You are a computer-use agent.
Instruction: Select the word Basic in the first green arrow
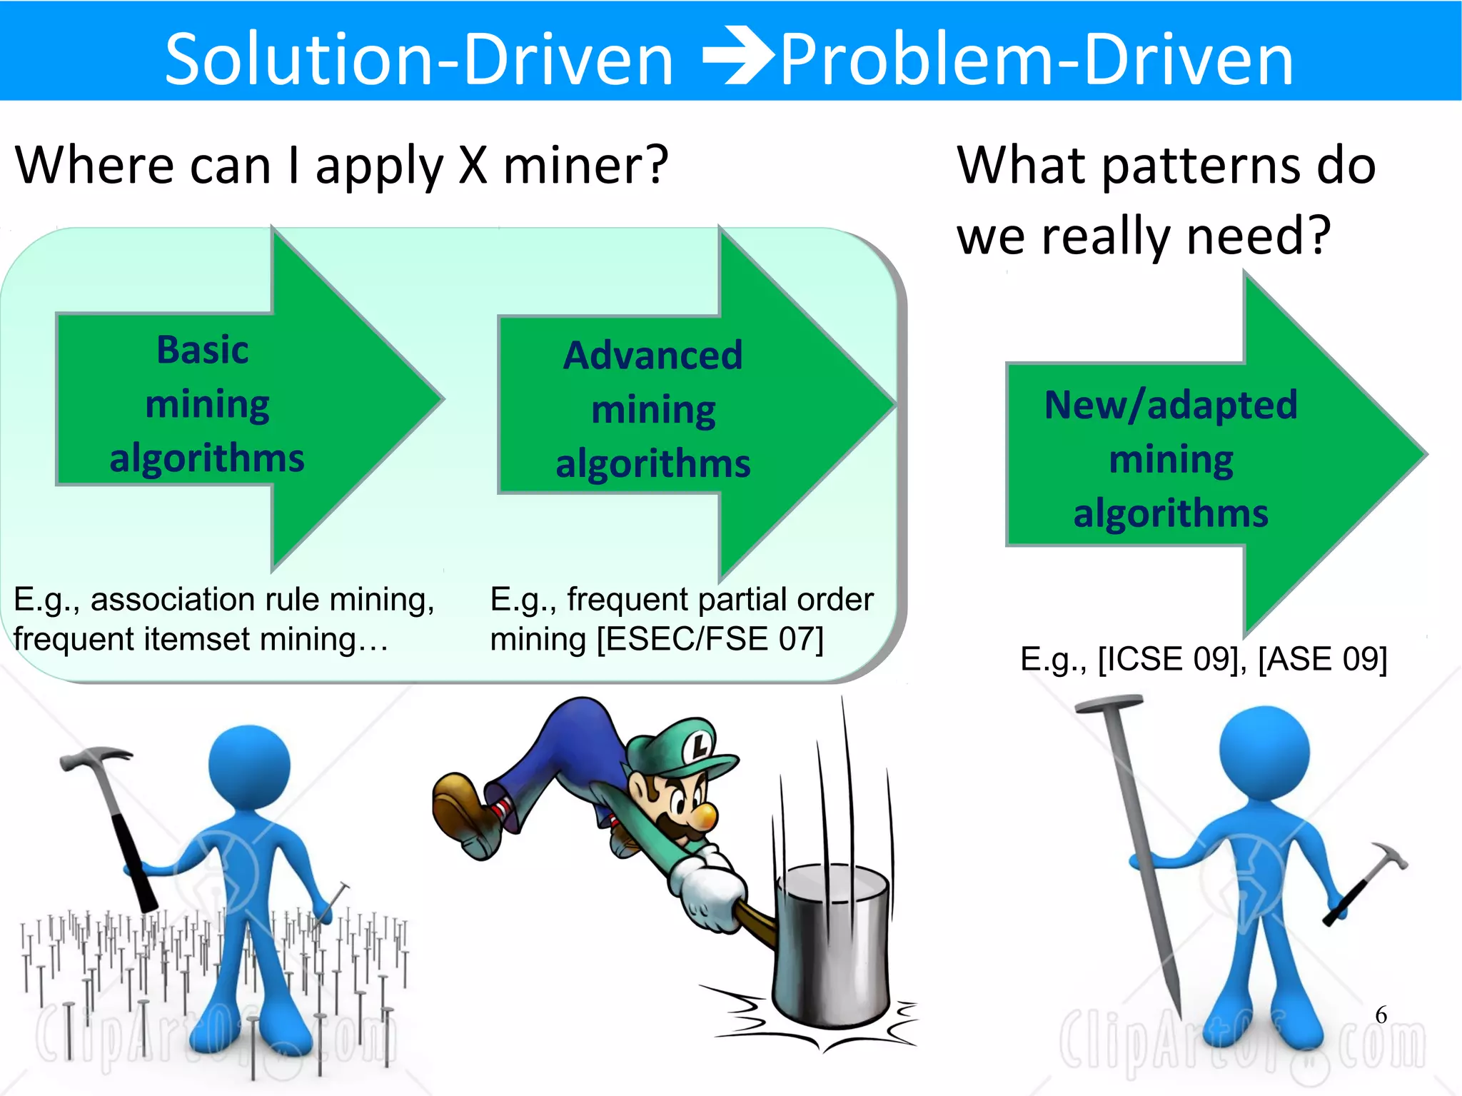point(203,350)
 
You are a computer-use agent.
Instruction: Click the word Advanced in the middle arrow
point(652,355)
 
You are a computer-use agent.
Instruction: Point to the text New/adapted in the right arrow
point(1171,405)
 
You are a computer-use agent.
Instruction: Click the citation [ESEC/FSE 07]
point(710,638)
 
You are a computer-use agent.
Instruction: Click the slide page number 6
point(1381,1015)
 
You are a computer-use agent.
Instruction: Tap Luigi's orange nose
point(705,815)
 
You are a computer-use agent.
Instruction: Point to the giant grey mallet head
point(832,942)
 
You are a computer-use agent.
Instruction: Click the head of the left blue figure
point(249,765)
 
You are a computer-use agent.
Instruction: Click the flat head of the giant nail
point(1109,705)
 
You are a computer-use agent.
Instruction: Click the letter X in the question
point(473,165)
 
